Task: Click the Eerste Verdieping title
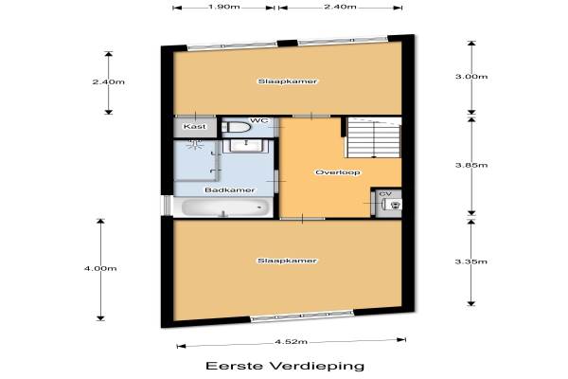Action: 285,366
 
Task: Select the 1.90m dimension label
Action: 223,7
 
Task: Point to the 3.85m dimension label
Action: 471,165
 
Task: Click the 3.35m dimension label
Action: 471,262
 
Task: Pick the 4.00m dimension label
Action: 100,268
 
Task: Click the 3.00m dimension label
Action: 471,77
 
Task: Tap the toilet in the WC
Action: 236,127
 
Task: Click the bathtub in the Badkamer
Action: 225,208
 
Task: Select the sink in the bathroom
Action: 247,145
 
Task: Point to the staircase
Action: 374,137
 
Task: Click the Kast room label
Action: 195,127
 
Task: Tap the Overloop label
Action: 338,172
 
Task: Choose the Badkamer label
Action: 230,190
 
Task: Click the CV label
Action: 385,194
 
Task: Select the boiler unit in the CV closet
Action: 394,205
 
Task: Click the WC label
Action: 259,120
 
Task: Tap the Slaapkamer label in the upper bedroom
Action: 287,81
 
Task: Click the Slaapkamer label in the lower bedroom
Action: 287,261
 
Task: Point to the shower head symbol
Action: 195,145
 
